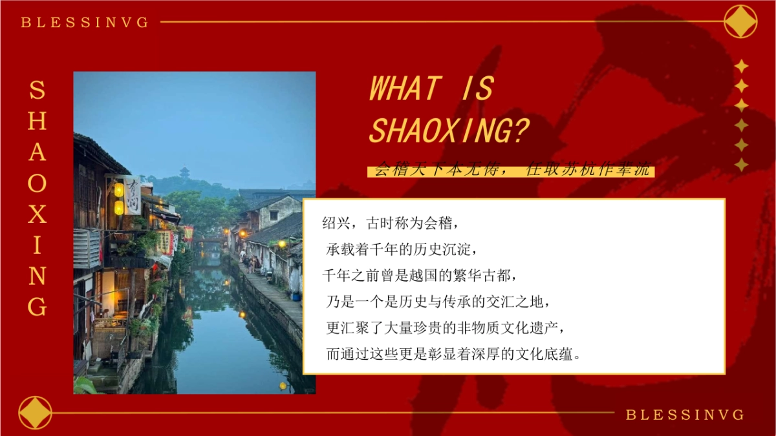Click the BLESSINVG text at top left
(x=85, y=23)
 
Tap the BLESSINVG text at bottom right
(x=685, y=415)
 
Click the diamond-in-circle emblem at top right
(x=740, y=21)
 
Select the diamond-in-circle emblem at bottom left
(x=36, y=413)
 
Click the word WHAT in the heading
(x=405, y=88)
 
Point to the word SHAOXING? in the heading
(x=449, y=130)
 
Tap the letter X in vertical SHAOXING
(x=37, y=214)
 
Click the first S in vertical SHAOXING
(x=37, y=90)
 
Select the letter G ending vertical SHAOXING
(x=37, y=307)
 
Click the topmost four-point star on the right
(x=741, y=66)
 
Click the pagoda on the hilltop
(x=185, y=172)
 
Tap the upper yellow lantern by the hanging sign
(x=119, y=190)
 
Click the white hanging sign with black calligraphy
(x=133, y=195)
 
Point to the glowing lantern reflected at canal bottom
(x=283, y=386)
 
